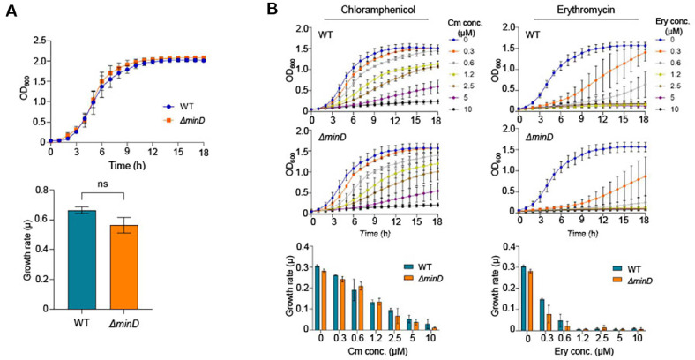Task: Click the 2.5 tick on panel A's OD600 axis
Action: point(37,40)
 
